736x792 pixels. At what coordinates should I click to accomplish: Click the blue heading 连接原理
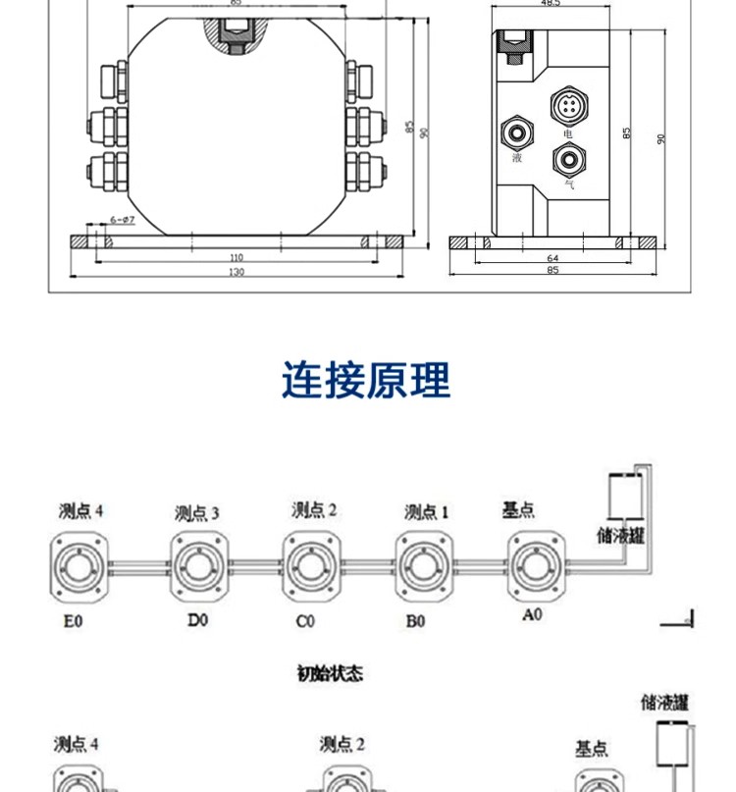366,380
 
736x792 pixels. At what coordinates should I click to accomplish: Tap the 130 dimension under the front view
236,272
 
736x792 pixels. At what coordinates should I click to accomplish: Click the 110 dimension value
236,257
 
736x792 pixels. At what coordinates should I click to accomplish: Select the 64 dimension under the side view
552,257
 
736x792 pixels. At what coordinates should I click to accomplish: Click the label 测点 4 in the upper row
80,510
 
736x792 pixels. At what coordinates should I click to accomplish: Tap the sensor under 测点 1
424,567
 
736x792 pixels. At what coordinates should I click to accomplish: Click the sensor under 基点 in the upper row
536,566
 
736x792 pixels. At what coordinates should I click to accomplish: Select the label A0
533,615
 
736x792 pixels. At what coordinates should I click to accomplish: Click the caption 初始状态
330,673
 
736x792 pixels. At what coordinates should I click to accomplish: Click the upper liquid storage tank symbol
626,496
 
